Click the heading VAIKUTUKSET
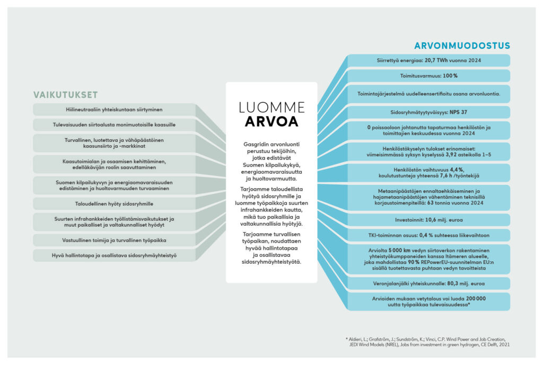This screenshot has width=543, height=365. click(x=66, y=95)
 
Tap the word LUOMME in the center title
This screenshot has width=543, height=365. click(x=271, y=108)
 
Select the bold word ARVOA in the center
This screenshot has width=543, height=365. click(x=271, y=122)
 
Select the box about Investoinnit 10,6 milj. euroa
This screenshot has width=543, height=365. click(x=428, y=220)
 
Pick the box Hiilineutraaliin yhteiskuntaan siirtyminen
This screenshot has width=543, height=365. click(x=114, y=110)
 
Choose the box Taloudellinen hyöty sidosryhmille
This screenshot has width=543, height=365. click(x=114, y=203)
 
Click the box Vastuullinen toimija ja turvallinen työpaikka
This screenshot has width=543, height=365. click(x=114, y=240)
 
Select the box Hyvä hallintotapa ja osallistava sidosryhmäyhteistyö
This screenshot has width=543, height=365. click(x=114, y=255)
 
